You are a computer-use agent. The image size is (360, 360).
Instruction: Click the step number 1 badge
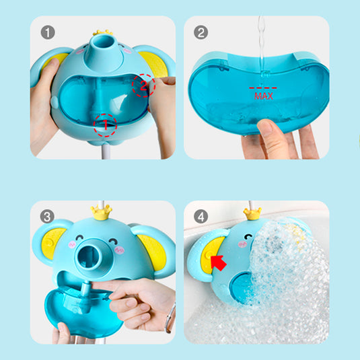click(x=48, y=32)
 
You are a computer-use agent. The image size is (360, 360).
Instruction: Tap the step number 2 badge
click(x=201, y=32)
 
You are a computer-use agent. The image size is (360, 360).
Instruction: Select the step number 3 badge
click(x=47, y=216)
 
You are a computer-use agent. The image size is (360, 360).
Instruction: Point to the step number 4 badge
click(x=201, y=216)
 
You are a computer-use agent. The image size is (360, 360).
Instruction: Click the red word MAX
click(x=264, y=96)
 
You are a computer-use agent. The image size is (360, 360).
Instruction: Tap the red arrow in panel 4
click(x=218, y=262)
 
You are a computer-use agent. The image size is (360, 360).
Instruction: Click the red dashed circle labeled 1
click(x=105, y=125)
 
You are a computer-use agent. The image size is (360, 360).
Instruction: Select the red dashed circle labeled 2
click(x=144, y=85)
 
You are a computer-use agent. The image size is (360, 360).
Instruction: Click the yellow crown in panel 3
click(x=101, y=213)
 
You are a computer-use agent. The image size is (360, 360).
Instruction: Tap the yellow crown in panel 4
click(x=252, y=214)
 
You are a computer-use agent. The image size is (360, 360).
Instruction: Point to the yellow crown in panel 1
click(x=103, y=32)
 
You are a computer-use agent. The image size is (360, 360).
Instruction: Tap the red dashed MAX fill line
click(x=263, y=87)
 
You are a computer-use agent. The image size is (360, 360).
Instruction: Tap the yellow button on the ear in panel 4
click(x=209, y=255)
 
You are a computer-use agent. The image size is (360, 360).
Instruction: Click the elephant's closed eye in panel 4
click(x=248, y=236)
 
